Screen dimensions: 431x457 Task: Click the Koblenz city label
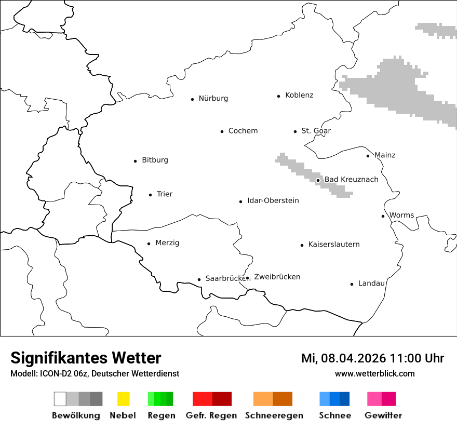click(x=299, y=96)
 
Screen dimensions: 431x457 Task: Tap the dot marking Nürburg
click(x=192, y=99)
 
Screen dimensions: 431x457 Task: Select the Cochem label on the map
click(x=243, y=131)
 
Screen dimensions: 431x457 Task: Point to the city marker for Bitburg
click(x=135, y=161)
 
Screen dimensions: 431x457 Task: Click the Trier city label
click(x=164, y=194)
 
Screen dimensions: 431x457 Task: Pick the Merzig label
click(x=167, y=243)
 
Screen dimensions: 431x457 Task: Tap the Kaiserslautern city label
click(x=333, y=245)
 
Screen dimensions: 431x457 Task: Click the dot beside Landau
click(x=352, y=284)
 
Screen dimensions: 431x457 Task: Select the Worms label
click(x=401, y=216)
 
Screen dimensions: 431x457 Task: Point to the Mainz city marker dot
click(x=368, y=156)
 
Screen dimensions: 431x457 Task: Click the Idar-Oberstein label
click(x=273, y=201)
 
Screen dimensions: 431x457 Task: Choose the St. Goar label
click(x=316, y=131)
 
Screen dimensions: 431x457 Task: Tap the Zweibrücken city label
click(x=277, y=277)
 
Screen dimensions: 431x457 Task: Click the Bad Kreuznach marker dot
click(x=318, y=181)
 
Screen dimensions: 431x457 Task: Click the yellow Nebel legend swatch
click(x=123, y=399)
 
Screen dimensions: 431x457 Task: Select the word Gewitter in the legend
click(x=383, y=415)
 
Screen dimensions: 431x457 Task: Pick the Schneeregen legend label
click(x=274, y=415)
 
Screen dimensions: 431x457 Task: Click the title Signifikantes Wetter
click(x=86, y=358)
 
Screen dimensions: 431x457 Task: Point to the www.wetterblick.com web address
click(x=374, y=374)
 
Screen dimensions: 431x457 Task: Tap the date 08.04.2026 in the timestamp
click(x=354, y=358)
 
